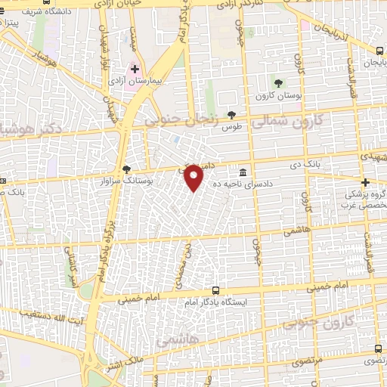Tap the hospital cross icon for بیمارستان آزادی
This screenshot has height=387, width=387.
click(135, 69)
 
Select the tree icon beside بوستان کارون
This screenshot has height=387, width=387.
click(280, 82)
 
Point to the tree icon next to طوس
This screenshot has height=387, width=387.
click(231, 115)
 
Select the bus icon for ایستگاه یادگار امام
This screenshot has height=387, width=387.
click(216, 290)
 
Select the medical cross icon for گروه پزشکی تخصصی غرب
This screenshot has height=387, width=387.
click(366, 182)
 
